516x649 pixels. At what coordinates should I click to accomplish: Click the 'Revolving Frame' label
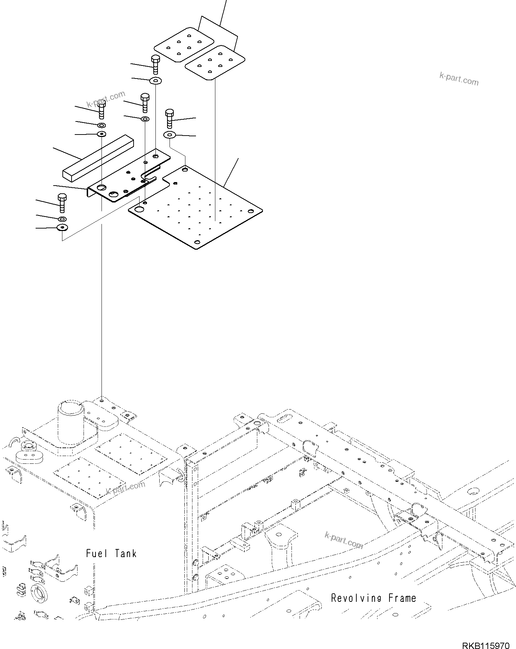373,598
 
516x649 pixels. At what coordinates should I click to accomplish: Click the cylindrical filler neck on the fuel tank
71,422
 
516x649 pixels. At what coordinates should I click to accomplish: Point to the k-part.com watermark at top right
459,79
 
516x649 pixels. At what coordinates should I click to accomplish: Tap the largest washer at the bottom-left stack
62,227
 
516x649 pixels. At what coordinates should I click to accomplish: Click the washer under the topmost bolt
155,81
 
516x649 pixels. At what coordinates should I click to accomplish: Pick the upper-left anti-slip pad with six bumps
183,44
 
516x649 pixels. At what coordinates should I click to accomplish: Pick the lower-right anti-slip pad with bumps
215,62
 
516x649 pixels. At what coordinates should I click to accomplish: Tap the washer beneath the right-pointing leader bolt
170,135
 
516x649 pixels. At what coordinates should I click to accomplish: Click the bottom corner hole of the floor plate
197,242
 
